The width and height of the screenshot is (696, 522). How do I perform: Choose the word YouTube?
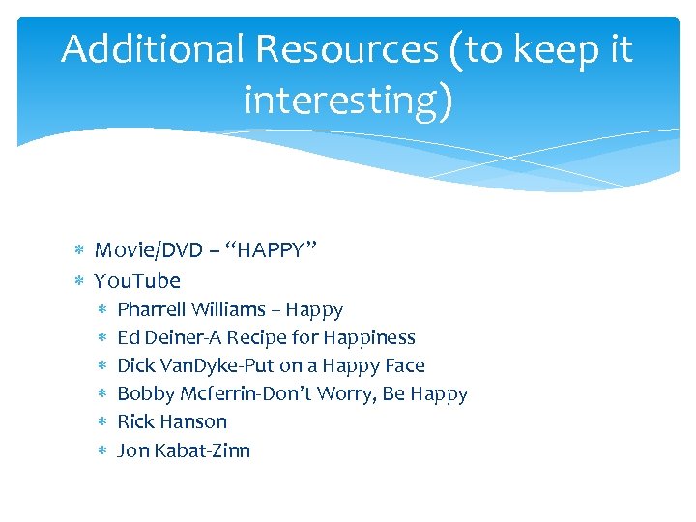[137, 281]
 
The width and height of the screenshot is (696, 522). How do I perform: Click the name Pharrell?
[152, 310]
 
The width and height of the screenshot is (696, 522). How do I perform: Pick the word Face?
[404, 365]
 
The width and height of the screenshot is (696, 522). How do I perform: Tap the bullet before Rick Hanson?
[102, 421]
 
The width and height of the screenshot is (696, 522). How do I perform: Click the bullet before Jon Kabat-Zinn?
[102, 449]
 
